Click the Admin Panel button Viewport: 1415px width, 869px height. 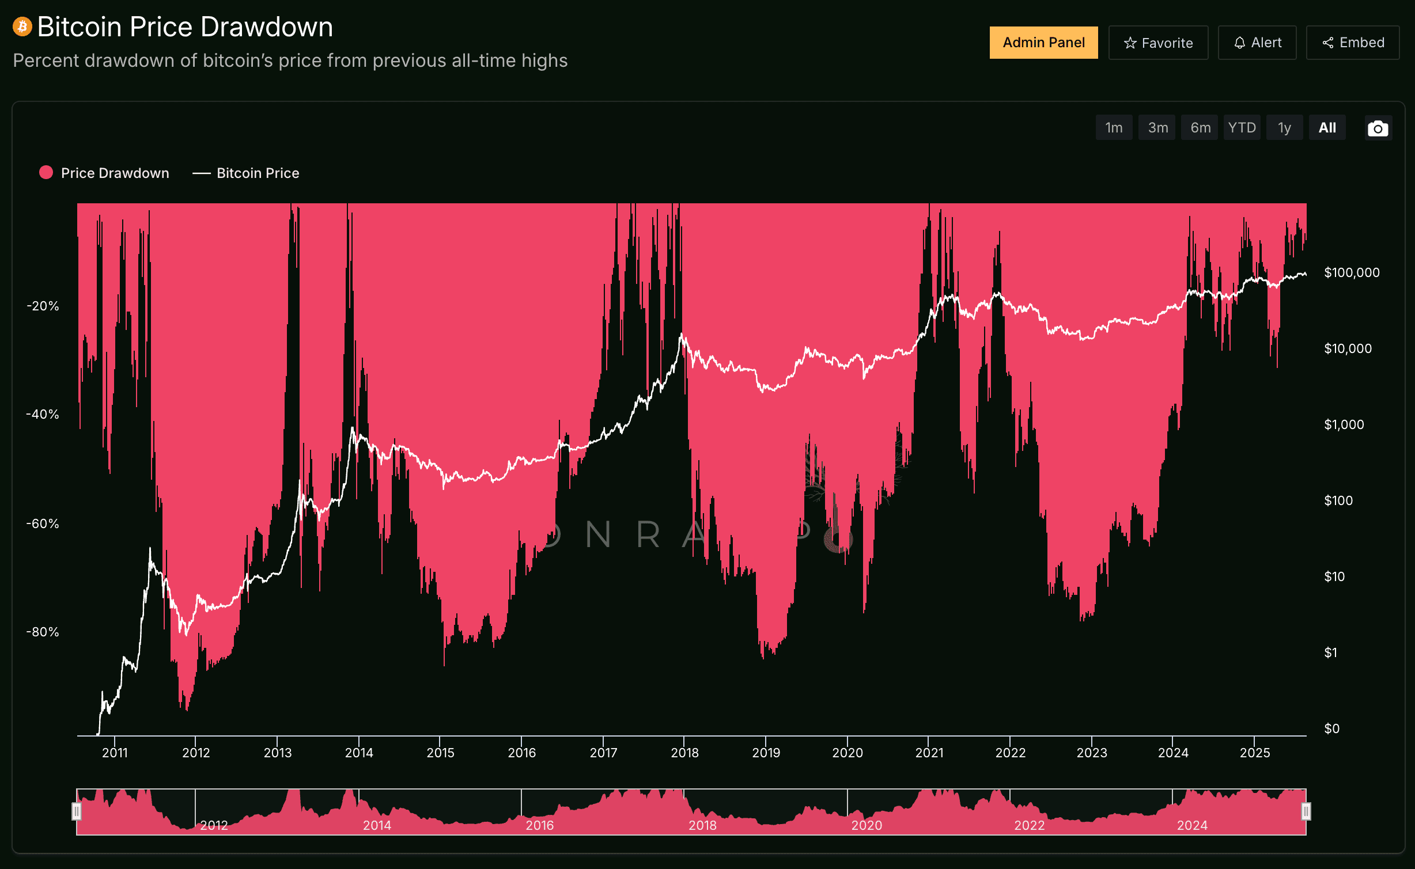pos(1043,43)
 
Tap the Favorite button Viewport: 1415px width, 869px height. pos(1158,43)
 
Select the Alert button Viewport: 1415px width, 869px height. pos(1257,43)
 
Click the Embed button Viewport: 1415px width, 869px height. pos(1353,43)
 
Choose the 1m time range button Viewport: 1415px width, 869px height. pos(1114,128)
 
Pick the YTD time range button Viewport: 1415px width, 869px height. pos(1242,128)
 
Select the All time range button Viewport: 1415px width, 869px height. pos(1327,128)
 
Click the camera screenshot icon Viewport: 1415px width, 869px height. pos(1378,128)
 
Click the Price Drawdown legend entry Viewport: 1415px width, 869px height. pos(104,173)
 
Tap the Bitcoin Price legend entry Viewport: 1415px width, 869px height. pos(246,173)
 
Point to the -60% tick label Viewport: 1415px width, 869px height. pos(43,523)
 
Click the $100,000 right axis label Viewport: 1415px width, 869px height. pos(1352,272)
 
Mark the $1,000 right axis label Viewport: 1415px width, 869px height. pos(1344,424)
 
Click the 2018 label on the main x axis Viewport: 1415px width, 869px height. pos(684,753)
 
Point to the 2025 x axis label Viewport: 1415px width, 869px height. pos(1255,753)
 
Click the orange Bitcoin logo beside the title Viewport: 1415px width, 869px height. pos(22,26)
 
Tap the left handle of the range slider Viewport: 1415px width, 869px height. pos(76,811)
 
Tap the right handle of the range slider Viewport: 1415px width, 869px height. pos(1306,811)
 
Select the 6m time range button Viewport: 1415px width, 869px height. pos(1200,128)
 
